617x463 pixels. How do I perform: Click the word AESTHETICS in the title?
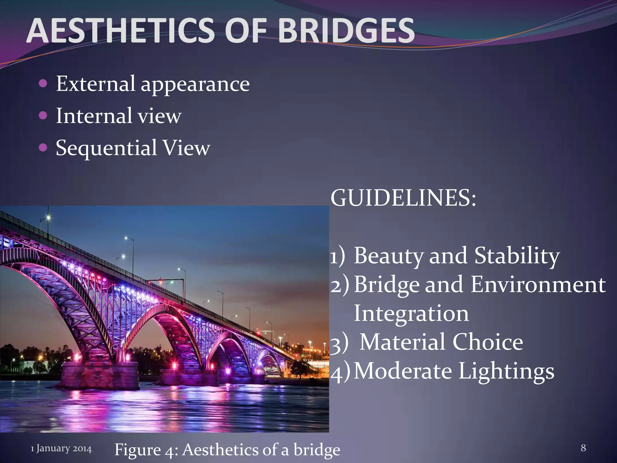121,31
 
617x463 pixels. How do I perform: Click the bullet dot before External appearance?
43,83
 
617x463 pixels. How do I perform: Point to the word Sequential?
106,148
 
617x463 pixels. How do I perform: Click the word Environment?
538,285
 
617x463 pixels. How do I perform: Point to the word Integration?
411,313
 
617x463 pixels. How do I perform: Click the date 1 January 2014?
61,449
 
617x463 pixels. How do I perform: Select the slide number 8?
583,448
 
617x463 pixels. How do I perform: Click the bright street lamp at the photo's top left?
48,217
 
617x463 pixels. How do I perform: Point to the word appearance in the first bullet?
195,84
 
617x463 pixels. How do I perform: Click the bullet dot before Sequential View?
43,148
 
